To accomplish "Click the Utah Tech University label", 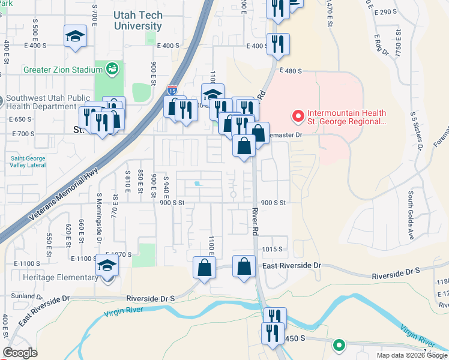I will pyautogui.click(x=137, y=20).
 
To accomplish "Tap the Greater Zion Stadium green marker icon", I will pyautogui.click(x=112, y=70).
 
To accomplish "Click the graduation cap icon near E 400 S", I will pyautogui.click(x=75, y=36).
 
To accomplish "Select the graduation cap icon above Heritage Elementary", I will pyautogui.click(x=107, y=265).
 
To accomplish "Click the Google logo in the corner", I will pyautogui.click(x=20, y=353).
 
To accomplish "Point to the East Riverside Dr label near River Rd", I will pyautogui.click(x=292, y=265).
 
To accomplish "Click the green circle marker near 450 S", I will pyautogui.click(x=339, y=346).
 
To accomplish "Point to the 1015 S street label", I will pyautogui.click(x=271, y=249).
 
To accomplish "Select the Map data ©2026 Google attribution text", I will pyautogui.click(x=411, y=355).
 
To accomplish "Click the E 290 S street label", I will pyautogui.click(x=385, y=12).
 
